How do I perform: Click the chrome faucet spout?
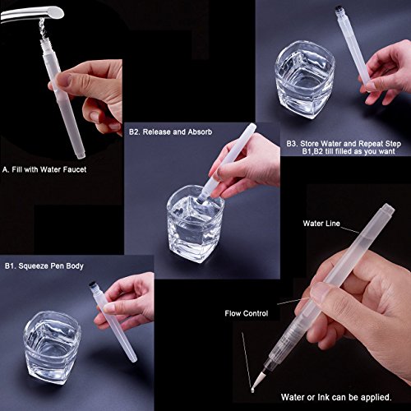pos(33,14)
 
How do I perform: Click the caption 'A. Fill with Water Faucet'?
pos(44,169)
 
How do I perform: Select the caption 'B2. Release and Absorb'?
pos(170,132)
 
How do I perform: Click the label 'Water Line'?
pos(321,224)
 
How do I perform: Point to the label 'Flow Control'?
pos(247,313)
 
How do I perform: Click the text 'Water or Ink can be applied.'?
pos(336,397)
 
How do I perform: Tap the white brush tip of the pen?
pos(257,381)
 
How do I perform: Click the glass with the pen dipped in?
pos(195,224)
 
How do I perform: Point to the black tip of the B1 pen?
pos(93,285)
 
